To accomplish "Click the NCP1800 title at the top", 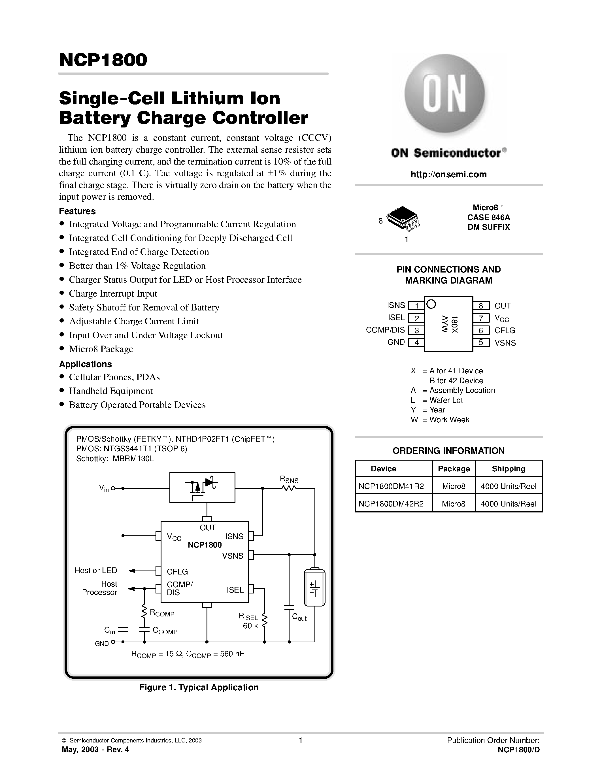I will [103, 60].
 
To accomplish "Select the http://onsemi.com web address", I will [448, 174].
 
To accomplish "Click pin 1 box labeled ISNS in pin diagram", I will [416, 306].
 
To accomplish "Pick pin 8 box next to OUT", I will [481, 306].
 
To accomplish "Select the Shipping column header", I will [508, 469].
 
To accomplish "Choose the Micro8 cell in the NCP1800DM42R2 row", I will [453, 504].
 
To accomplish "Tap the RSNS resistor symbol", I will [289, 488].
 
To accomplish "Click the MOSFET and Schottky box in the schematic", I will [202, 487].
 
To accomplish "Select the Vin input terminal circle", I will [113, 488].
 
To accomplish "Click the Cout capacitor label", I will [299, 617].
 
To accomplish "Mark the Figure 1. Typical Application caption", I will [199, 687].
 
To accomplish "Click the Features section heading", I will [77, 211].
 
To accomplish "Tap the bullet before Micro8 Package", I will [62, 348].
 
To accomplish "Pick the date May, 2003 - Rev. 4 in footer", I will [95, 749].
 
